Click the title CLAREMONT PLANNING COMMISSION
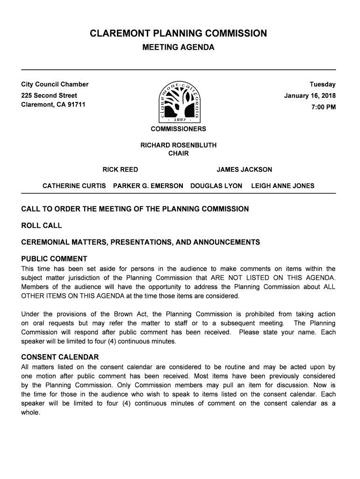(178, 34)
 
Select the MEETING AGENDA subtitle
(178, 48)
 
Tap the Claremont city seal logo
(180, 101)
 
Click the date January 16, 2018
(310, 96)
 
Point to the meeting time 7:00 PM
(324, 107)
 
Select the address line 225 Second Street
(49, 95)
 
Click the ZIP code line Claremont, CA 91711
(53, 104)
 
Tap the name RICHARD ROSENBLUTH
(179, 145)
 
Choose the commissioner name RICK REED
(120, 169)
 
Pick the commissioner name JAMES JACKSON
(244, 169)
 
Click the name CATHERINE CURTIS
(74, 186)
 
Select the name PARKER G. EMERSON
(148, 186)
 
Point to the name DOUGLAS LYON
(216, 186)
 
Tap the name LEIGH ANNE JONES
(283, 186)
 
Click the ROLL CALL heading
(42, 225)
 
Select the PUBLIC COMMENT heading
(54, 259)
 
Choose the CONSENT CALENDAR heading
(60, 357)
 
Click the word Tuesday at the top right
(323, 85)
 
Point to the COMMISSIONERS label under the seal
(178, 129)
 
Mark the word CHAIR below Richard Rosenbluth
(178, 153)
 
